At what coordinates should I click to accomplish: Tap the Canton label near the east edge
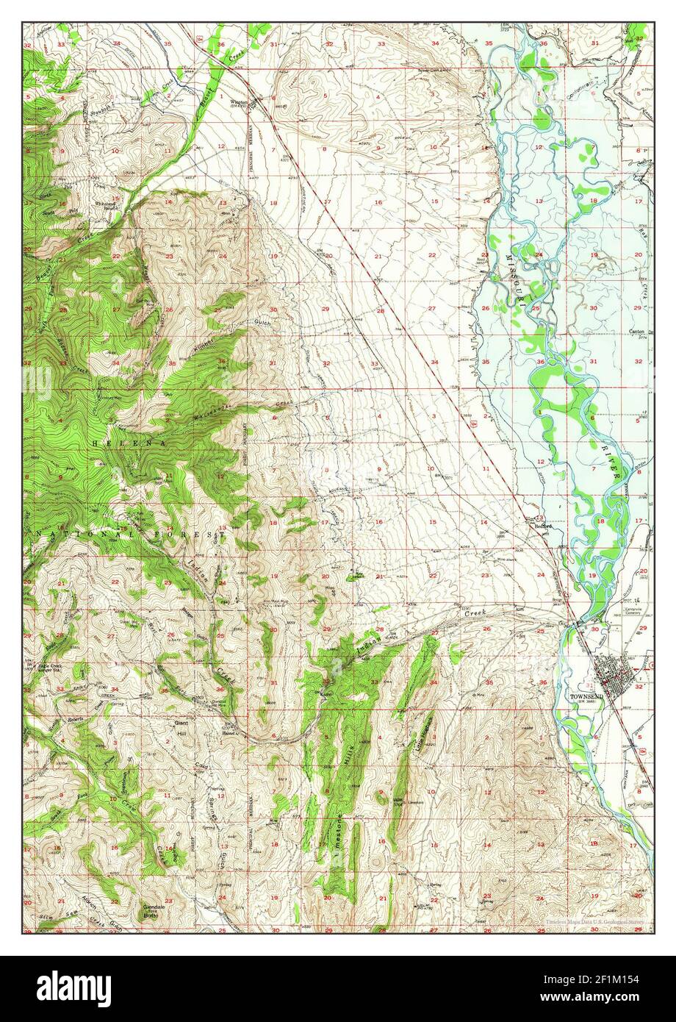pos(636,332)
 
